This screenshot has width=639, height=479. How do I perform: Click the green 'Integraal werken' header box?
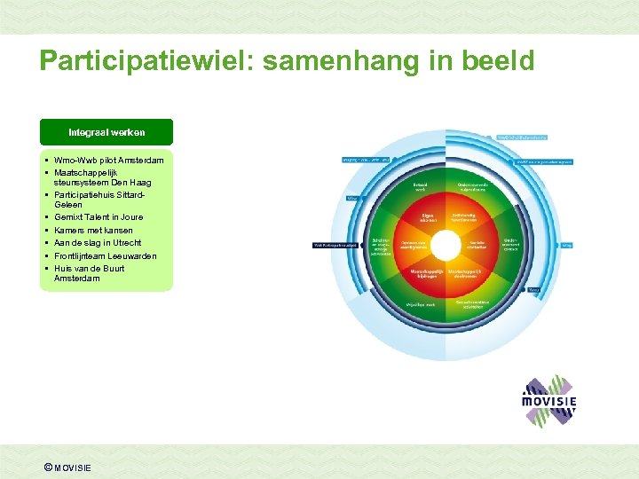click(x=106, y=132)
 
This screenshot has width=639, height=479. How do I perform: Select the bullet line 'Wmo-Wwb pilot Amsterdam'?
click(x=109, y=160)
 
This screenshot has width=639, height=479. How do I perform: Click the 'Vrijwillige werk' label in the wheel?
click(x=421, y=303)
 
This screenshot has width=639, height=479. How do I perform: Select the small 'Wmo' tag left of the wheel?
click(x=352, y=198)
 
